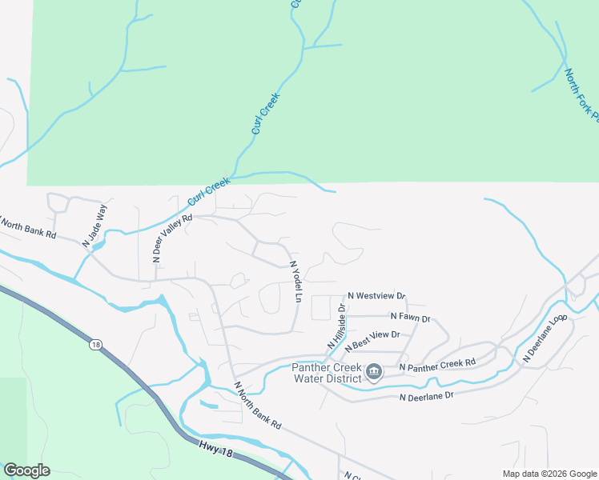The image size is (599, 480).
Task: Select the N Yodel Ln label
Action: coord(295,282)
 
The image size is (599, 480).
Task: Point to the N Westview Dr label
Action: coord(376,296)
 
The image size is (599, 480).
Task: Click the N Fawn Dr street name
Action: coord(410,318)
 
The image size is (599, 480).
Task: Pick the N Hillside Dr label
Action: coord(336,326)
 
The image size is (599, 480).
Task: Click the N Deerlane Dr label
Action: coord(426,395)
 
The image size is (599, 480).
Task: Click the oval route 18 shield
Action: coord(95,345)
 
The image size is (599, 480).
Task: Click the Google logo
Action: coord(26,470)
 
